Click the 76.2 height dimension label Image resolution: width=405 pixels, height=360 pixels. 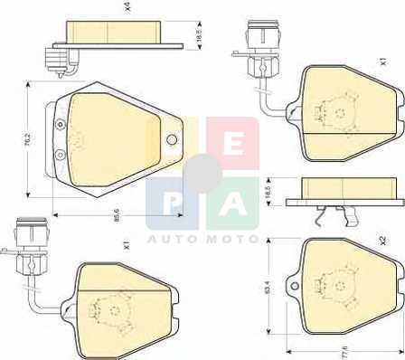[x=28, y=139]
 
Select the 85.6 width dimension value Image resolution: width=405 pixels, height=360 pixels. [x=117, y=215]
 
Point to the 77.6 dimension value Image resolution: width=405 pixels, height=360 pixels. [x=344, y=352]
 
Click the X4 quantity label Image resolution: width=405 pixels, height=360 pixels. [x=127, y=7]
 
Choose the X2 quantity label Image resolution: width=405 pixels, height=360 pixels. [x=382, y=241]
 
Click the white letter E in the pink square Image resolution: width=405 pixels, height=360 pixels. [x=233, y=144]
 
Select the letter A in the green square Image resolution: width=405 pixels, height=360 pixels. [x=232, y=204]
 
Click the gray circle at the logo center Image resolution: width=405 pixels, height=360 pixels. [x=202, y=174]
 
